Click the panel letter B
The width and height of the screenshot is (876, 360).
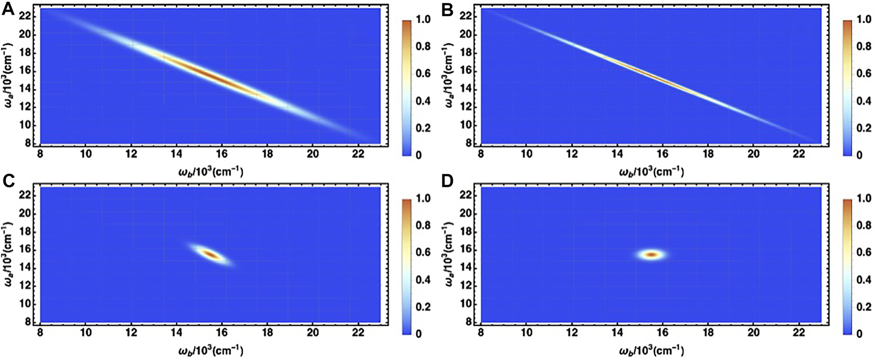(447, 8)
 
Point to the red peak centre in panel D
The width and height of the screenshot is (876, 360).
(651, 255)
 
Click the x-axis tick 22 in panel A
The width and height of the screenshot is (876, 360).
(358, 155)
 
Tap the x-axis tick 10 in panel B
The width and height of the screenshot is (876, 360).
(526, 155)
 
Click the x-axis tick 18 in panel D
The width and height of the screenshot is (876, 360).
(708, 334)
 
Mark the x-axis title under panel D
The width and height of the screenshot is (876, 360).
(651, 351)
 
